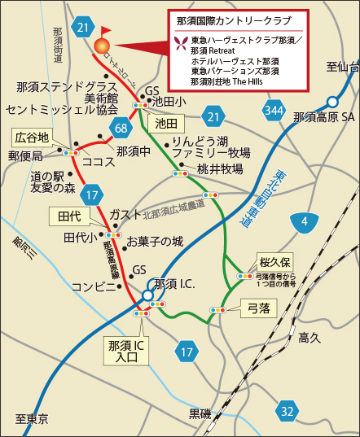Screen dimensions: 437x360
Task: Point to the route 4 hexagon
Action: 304,221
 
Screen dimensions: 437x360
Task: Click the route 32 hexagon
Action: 286,411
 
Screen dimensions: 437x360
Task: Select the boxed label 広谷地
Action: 34,136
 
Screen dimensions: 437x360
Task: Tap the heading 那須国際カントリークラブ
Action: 235,19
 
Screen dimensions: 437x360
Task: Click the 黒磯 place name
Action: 200,413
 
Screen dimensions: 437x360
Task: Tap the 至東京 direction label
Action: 32,419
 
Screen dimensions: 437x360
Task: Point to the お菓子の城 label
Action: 155,242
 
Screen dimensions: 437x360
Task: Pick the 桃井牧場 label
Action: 219,169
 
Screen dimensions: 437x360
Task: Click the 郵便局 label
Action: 25,155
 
